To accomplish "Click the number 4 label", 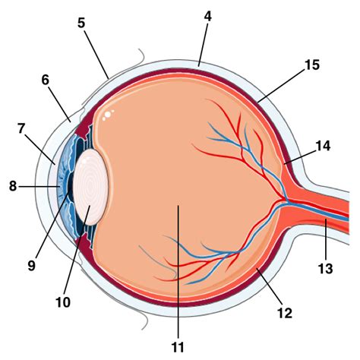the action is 208,17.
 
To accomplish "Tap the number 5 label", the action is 81,23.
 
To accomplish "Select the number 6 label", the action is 46,81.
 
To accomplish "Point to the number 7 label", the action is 21,129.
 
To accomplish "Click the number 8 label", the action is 13,186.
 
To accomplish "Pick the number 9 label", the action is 32,266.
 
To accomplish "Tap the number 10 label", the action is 63,302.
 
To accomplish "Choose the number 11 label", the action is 178,347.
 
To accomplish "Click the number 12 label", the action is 285,314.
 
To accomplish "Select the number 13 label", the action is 326,269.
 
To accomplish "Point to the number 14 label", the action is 323,146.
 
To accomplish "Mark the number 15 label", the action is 312,65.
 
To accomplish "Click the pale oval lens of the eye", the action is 90,187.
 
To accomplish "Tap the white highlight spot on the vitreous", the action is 108,115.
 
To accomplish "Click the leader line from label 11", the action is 178,272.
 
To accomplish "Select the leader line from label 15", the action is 280,86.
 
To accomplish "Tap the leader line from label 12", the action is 270,287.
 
